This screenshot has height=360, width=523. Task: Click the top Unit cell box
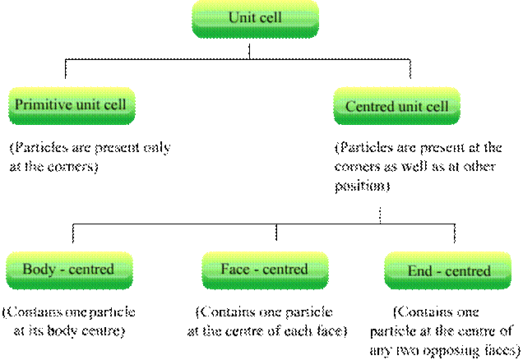pyautogui.click(x=255, y=19)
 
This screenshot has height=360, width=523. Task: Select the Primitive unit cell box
pyautogui.click(x=72, y=106)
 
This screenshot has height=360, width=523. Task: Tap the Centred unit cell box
pyautogui.click(x=396, y=107)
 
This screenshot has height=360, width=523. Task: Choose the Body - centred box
pyautogui.click(x=69, y=270)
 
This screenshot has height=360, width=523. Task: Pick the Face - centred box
pyautogui.click(x=265, y=270)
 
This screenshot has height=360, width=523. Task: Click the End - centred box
pyautogui.click(x=448, y=271)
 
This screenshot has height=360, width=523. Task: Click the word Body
pyautogui.click(x=38, y=269)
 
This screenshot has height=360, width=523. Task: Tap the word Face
pyautogui.click(x=234, y=269)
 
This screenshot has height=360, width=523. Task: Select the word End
pyautogui.click(x=419, y=270)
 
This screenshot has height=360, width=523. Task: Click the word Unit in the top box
pyautogui.click(x=242, y=17)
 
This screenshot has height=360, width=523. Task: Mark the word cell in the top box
pyautogui.click(x=270, y=17)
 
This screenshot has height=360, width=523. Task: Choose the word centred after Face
pyautogui.click(x=285, y=269)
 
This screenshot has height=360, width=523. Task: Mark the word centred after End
pyautogui.click(x=467, y=270)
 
